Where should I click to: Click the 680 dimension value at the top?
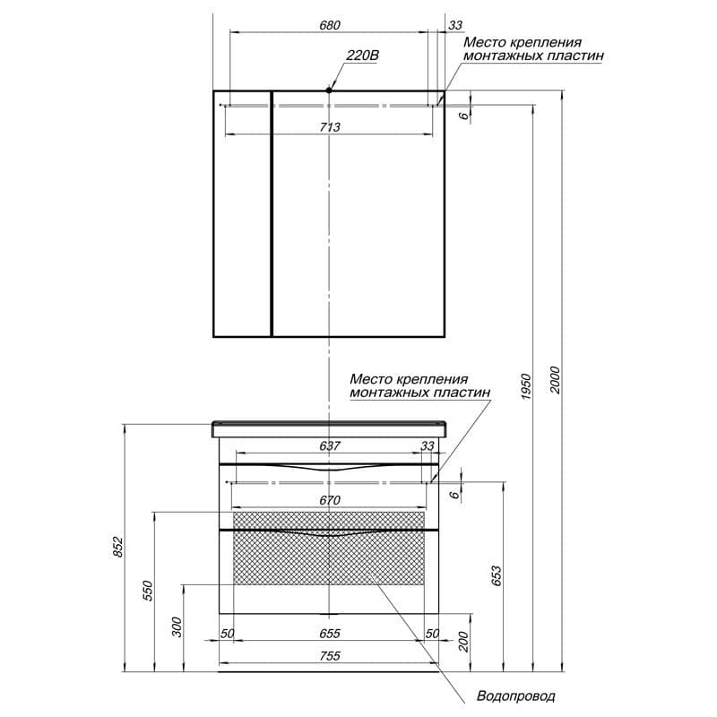(x=330, y=25)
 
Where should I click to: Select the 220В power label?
(x=363, y=56)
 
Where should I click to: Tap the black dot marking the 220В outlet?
(x=329, y=91)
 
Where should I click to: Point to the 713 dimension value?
(x=330, y=126)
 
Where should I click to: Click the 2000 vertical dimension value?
(x=554, y=380)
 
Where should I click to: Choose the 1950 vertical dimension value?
(x=526, y=387)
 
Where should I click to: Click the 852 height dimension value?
(x=118, y=547)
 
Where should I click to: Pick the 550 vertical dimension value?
(x=147, y=591)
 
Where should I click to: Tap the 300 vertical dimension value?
(x=177, y=626)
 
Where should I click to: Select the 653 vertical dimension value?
(x=497, y=576)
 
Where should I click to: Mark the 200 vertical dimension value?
(x=463, y=642)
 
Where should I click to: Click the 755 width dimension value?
(x=330, y=656)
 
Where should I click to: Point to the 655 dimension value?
(x=330, y=634)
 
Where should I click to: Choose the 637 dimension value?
(x=330, y=445)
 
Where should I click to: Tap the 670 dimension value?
(x=330, y=500)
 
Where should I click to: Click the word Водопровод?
(x=516, y=696)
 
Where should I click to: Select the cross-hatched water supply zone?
(x=329, y=549)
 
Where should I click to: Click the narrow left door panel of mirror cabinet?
(x=242, y=214)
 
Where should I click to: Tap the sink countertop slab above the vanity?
(x=329, y=429)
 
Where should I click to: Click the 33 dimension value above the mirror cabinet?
(x=455, y=25)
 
